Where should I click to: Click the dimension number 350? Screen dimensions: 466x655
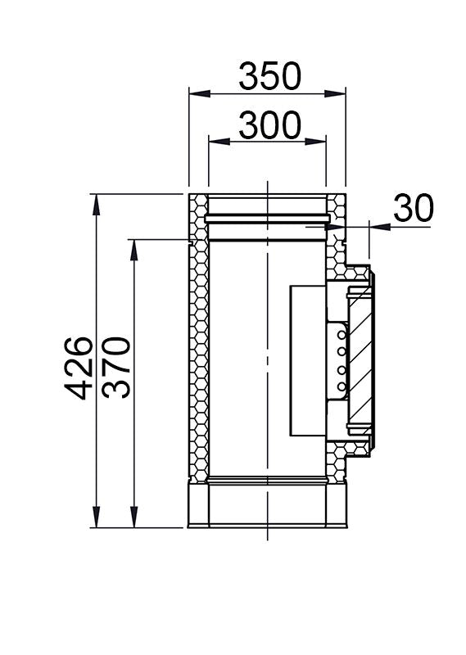pos(269,75)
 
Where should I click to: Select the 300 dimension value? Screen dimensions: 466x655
pos(269,125)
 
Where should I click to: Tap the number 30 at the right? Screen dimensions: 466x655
pos(414,208)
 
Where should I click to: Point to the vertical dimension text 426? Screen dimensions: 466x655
pos(78,368)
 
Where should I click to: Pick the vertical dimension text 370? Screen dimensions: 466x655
pos(116,368)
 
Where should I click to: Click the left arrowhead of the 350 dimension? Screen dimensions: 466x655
pos(199,93)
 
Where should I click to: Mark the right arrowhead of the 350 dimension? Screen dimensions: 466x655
pos(335,93)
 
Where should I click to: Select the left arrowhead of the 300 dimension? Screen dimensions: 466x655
pos(219,142)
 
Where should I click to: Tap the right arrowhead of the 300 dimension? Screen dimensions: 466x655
pos(315,142)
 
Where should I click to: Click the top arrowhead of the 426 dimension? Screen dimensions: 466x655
pos(97,205)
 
